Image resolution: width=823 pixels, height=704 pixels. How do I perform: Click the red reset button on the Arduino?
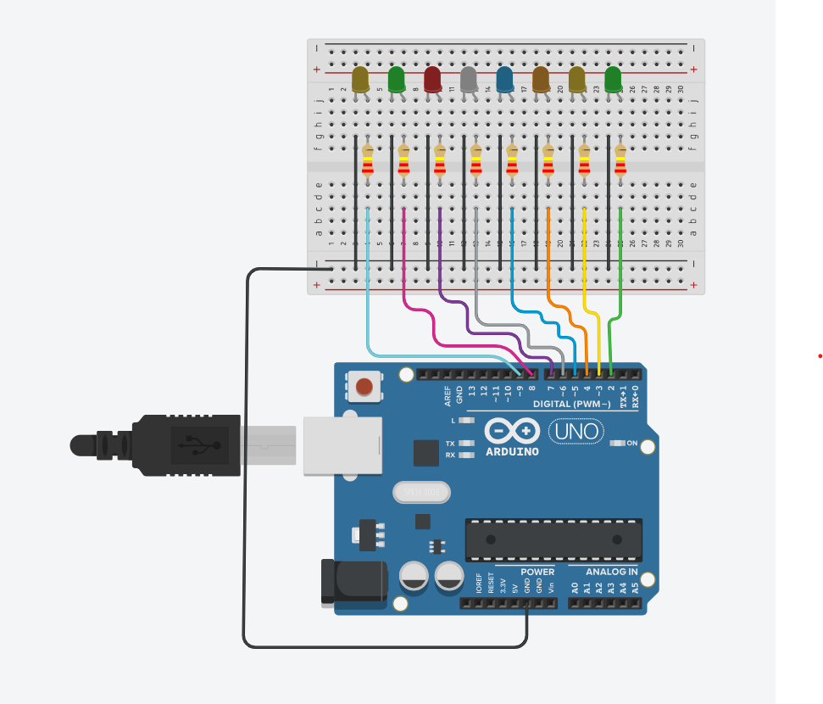pyautogui.click(x=364, y=388)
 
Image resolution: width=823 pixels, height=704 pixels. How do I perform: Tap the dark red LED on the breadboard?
pyautogui.click(x=432, y=79)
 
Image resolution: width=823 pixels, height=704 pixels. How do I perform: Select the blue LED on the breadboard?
pyautogui.click(x=505, y=79)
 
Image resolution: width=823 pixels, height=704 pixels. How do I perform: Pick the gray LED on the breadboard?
pyautogui.click(x=469, y=79)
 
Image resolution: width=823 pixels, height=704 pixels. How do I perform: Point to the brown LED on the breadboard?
pyautogui.click(x=541, y=79)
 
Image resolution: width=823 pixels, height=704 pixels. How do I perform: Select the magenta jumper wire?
pyautogui.click(x=404, y=271)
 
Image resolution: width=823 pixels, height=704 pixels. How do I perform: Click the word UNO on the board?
pyautogui.click(x=578, y=432)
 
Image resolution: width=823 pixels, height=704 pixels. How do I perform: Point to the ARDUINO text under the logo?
pyautogui.click(x=512, y=452)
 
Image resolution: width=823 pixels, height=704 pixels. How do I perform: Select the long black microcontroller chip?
pyautogui.click(x=553, y=539)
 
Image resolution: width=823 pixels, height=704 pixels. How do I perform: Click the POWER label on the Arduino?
pyautogui.click(x=537, y=572)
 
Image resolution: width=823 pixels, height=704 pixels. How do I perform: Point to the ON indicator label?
pyautogui.click(x=631, y=443)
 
